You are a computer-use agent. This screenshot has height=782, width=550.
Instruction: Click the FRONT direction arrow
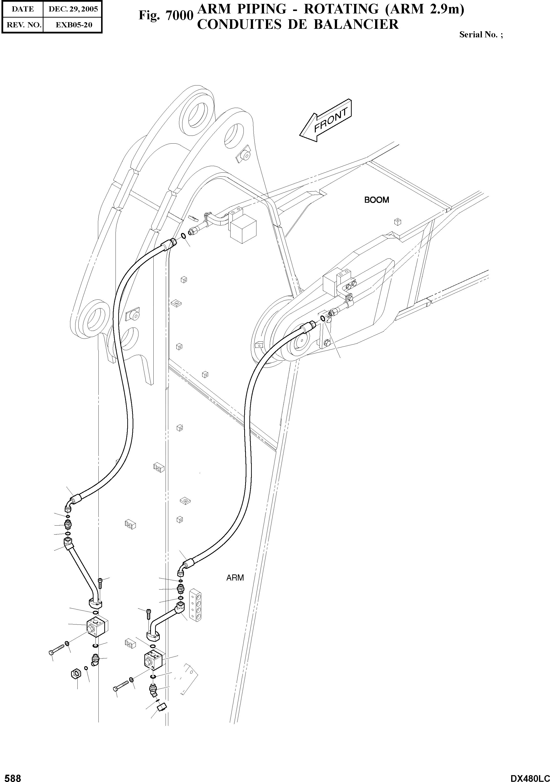[325, 121]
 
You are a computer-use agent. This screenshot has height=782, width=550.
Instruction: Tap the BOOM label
[376, 200]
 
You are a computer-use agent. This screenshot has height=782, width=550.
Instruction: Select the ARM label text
[235, 578]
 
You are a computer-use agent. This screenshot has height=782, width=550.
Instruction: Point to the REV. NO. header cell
[23, 25]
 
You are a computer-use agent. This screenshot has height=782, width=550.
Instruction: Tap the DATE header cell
[23, 9]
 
